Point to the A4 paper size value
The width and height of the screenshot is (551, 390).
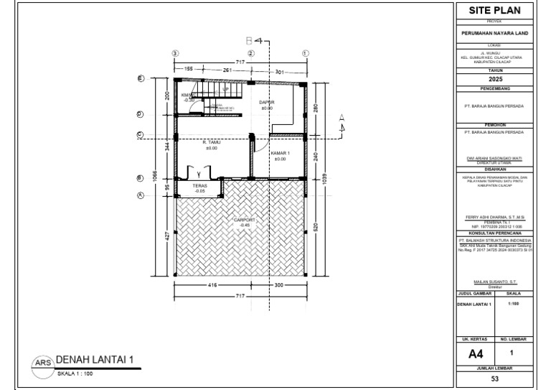pyautogui.click(x=476, y=353)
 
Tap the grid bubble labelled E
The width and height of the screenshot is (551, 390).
pyautogui.click(x=141, y=78)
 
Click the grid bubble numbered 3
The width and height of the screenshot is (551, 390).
pyautogui.click(x=175, y=53)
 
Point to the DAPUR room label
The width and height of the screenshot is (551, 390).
pyautogui.click(x=267, y=103)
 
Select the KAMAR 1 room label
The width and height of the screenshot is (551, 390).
pyautogui.click(x=280, y=154)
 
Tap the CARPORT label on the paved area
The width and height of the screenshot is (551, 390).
pyautogui.click(x=245, y=220)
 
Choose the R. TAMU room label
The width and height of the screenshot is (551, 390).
pyautogui.click(x=211, y=143)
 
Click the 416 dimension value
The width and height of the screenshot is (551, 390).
pyautogui.click(x=212, y=284)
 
